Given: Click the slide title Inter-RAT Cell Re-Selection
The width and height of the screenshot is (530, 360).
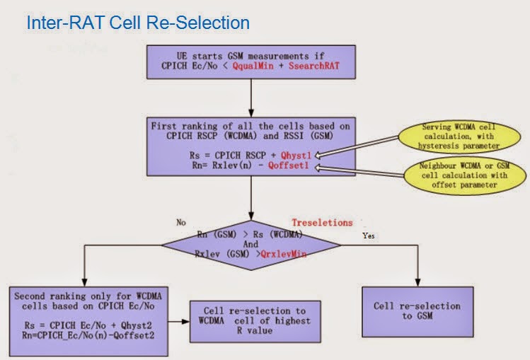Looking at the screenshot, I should [x=138, y=23].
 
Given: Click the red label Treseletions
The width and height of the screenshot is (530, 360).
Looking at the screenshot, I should [x=322, y=221].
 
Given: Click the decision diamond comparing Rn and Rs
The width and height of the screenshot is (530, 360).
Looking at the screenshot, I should [x=251, y=243].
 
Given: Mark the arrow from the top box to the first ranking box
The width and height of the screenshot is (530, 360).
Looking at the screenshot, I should [x=251, y=96].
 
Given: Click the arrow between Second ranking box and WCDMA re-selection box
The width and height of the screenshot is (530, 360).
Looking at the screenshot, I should [x=179, y=320].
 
